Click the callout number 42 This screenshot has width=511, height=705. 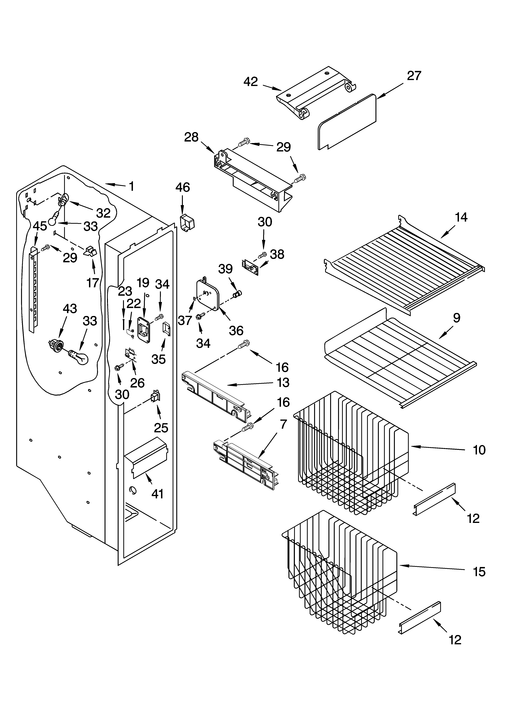click(250, 82)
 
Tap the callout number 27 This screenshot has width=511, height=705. click(414, 76)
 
